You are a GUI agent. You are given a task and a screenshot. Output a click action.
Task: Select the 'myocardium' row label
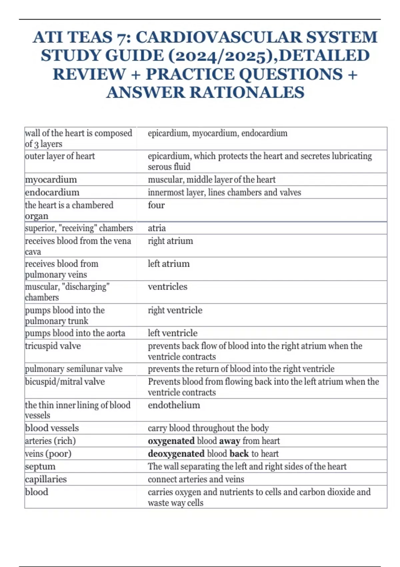pos(51,180)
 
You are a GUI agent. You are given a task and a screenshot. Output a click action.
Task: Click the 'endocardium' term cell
pos(52,192)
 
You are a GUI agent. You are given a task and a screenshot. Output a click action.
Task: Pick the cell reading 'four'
pos(156,205)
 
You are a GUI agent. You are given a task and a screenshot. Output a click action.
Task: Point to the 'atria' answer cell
pos(157,228)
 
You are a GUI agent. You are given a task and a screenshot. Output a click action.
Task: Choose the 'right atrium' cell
pos(170,241)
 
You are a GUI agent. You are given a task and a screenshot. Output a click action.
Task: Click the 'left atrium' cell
pos(169,264)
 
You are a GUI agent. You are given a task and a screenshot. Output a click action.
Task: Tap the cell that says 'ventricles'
pos(168,287)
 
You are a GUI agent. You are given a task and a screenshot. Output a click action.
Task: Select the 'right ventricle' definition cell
pos(175,310)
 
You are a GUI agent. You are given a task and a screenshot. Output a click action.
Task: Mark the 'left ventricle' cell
pos(173,333)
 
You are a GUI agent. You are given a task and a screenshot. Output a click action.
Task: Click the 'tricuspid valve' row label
pos(53,346)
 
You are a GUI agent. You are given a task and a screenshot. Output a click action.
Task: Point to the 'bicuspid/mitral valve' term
pos(65,382)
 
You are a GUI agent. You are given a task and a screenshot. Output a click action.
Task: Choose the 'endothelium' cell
pos(174,405)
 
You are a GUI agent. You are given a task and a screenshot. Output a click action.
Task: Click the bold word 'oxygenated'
pos(171,441)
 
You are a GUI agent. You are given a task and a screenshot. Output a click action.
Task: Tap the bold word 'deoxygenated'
pos(176,454)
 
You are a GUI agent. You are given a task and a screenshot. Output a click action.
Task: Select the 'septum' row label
pos(40,467)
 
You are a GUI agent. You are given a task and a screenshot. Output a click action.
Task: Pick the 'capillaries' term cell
pos(46,479)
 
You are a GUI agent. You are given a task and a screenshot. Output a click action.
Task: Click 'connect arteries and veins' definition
pos(196,479)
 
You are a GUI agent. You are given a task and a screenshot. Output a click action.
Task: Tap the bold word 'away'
pos(230,441)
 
